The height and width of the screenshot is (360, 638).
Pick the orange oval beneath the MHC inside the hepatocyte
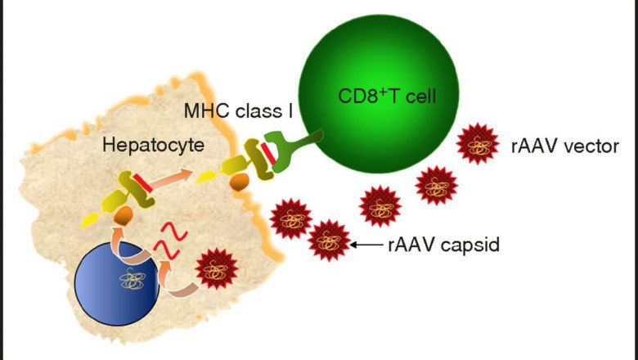pos(123,218)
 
